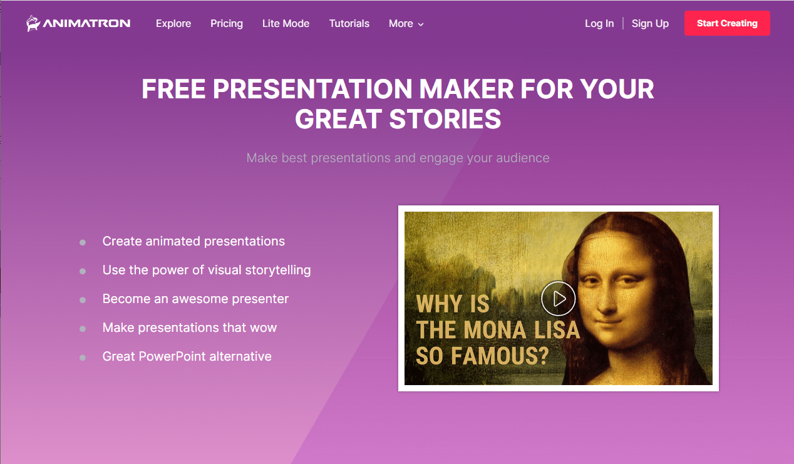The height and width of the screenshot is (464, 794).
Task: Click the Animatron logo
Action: click(x=78, y=24)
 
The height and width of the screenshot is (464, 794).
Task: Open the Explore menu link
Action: click(x=173, y=24)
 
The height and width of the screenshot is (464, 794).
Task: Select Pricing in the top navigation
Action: click(x=227, y=24)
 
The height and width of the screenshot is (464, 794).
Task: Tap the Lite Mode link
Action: click(x=286, y=24)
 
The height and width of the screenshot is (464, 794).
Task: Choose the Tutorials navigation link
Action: click(x=349, y=24)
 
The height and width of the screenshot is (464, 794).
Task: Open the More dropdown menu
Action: click(x=406, y=24)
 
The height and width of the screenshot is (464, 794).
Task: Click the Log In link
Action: click(x=599, y=24)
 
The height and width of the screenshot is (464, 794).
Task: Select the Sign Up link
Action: click(x=650, y=24)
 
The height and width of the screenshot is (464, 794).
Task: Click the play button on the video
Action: click(x=558, y=299)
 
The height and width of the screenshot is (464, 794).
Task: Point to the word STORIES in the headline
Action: click(x=445, y=119)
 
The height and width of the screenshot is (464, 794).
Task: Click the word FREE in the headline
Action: click(x=173, y=90)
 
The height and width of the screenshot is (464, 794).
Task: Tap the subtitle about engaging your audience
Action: click(x=398, y=158)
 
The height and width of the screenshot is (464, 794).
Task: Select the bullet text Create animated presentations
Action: click(x=193, y=241)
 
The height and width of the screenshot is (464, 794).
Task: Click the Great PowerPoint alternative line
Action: click(x=187, y=356)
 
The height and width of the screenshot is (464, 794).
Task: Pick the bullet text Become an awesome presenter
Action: click(x=195, y=299)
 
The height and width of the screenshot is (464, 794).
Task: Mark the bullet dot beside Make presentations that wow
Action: click(x=83, y=329)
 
